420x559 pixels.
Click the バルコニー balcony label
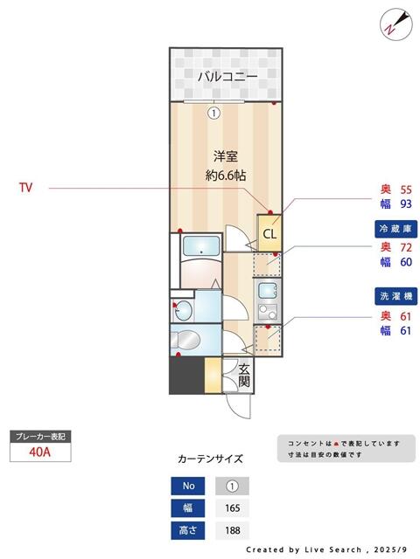coord(227,77)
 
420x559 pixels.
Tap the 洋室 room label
coord(227,156)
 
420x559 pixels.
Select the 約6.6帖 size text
coord(227,175)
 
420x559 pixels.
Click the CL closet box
coord(269,233)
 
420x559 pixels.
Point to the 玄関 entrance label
coord(244,375)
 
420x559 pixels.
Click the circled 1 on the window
coord(213,112)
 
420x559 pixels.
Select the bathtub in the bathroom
coord(201,250)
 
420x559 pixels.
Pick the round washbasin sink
coord(182,308)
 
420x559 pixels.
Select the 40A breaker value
coord(38,452)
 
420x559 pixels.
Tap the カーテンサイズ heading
coord(210,459)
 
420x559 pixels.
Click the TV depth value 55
coord(405,190)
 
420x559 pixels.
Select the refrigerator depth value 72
coord(405,246)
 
